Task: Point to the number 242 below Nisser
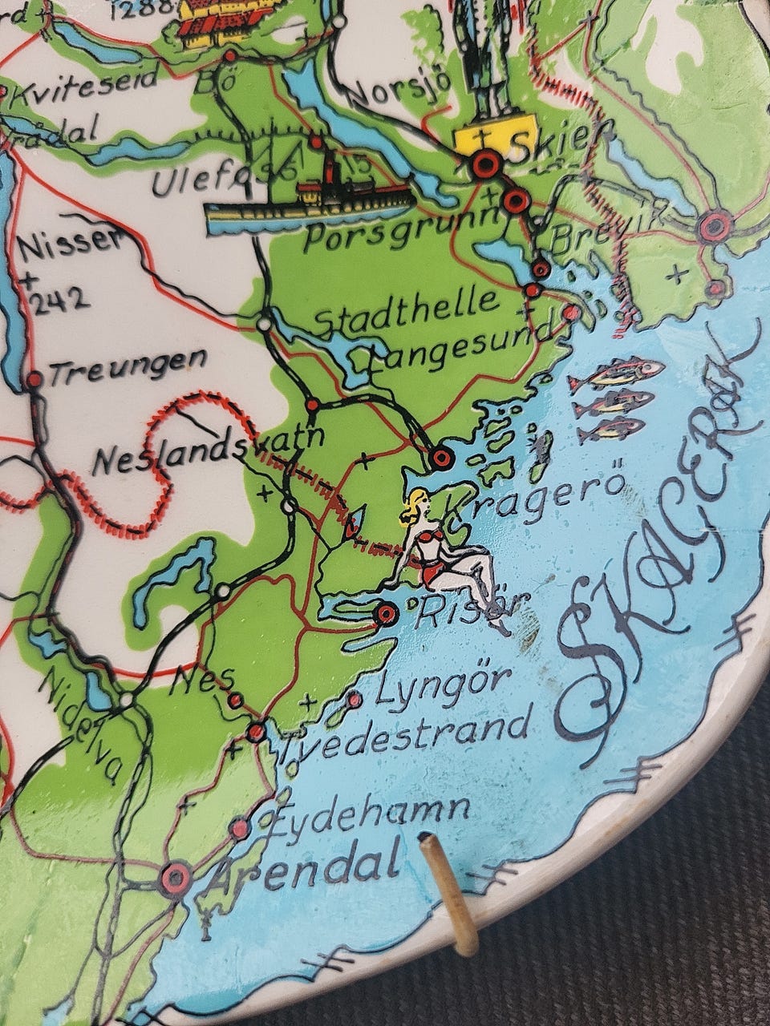click(56, 299)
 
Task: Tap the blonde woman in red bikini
click(449, 553)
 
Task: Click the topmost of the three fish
click(618, 374)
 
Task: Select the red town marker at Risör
click(387, 615)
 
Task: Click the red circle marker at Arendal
click(175, 879)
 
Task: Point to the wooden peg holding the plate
click(450, 886)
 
